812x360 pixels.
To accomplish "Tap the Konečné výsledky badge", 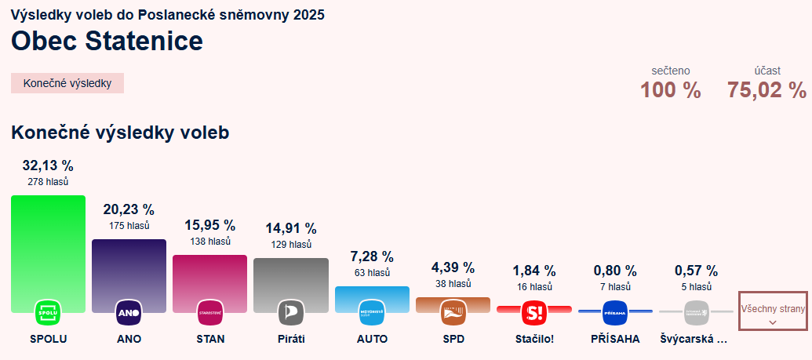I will pos(67,83).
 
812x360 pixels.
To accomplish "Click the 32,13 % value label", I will pos(48,165).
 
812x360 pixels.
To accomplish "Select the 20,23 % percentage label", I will pos(129,209).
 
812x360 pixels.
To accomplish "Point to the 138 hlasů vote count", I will pos(209,242).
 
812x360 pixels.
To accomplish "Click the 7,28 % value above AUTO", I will pos(371,256).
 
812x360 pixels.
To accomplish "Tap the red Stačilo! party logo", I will pos(533,312).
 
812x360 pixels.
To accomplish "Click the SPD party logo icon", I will pos(453,312).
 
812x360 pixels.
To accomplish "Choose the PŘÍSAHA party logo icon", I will pos(615,312).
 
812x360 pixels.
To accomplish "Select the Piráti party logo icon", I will pos(290,312).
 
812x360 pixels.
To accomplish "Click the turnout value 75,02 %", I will pos(766,90).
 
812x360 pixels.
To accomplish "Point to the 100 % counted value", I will pos(670,90).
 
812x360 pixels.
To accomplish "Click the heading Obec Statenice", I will pos(107,41).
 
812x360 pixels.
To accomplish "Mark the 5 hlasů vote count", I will pos(696,287).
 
